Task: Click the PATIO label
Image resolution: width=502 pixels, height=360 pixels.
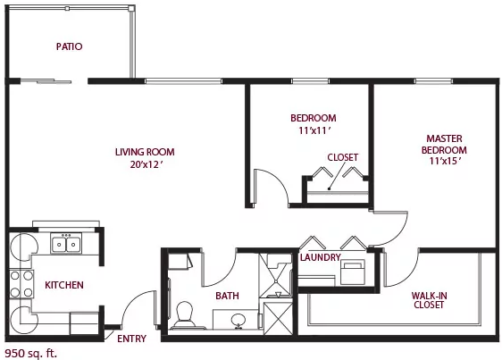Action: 69,46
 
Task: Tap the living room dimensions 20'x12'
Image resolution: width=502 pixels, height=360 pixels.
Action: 147,164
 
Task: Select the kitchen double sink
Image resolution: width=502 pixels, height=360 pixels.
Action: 66,243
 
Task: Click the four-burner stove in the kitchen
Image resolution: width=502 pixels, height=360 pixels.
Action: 21,284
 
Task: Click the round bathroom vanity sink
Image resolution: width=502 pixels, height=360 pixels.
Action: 238,320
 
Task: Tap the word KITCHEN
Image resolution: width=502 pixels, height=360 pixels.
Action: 64,285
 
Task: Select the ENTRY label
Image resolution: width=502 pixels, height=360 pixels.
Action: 131,339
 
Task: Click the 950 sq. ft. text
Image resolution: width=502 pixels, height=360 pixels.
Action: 31,354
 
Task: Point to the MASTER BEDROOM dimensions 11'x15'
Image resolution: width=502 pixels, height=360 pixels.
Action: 446,161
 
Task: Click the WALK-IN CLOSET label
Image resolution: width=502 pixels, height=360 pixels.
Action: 429,300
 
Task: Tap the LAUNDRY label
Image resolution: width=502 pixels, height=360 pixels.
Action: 320,257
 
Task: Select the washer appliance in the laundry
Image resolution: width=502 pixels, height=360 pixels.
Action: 353,272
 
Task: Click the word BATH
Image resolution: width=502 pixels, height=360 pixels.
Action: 227,296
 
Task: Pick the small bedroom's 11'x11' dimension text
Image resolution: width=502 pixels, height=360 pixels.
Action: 314,130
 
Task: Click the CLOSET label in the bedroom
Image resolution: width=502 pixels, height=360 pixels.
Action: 343,157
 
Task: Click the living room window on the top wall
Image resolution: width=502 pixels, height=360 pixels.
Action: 183,81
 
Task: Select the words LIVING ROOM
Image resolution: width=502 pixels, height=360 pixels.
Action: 145,152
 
